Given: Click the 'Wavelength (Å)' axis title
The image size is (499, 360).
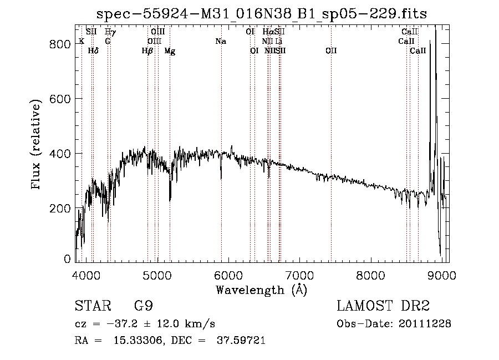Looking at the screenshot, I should pyautogui.click(x=261, y=290).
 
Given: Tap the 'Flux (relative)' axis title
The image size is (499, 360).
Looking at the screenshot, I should pyautogui.click(x=38, y=145).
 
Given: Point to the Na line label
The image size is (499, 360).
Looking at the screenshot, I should pyautogui.click(x=221, y=41).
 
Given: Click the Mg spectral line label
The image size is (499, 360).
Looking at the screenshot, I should pyautogui.click(x=170, y=51).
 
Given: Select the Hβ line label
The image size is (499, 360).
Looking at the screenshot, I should pyautogui.click(x=147, y=51).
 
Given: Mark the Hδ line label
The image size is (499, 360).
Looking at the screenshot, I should pyautogui.click(x=93, y=51).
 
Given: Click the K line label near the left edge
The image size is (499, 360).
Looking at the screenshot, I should pyautogui.click(x=82, y=41).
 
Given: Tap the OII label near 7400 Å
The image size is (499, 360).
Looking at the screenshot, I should pyautogui.click(x=331, y=51).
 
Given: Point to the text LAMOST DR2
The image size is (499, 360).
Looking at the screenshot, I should pyautogui.click(x=383, y=306).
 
